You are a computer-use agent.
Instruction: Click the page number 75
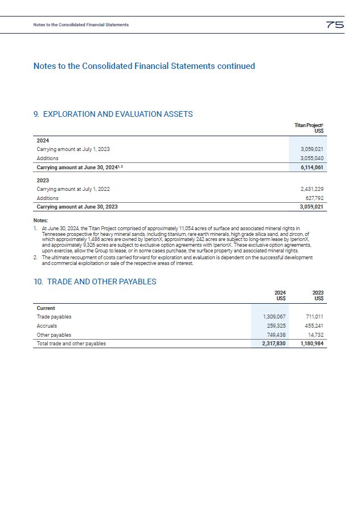(x=334, y=25)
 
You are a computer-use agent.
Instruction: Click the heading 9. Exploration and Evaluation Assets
(x=113, y=114)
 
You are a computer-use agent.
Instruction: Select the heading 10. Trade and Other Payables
(x=95, y=281)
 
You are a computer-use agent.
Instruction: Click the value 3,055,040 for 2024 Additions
(x=312, y=158)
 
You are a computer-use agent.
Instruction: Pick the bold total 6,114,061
(x=312, y=168)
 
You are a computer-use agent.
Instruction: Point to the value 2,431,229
(x=312, y=189)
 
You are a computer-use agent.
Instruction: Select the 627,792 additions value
(x=314, y=198)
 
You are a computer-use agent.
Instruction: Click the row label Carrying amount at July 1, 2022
(x=73, y=189)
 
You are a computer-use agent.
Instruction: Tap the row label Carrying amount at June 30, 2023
(x=77, y=207)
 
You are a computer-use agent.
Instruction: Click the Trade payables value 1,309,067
(x=274, y=317)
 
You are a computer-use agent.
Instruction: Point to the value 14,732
(x=317, y=335)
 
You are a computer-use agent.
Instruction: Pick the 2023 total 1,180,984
(x=312, y=344)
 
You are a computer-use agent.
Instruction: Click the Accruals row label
(x=47, y=326)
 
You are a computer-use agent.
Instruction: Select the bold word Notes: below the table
(x=41, y=221)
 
